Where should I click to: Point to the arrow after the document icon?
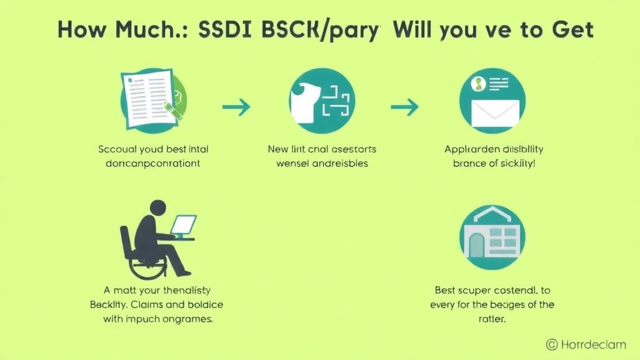236,107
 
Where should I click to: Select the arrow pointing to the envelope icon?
404,107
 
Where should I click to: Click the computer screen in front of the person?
184,224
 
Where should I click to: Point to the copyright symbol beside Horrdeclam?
552,344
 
